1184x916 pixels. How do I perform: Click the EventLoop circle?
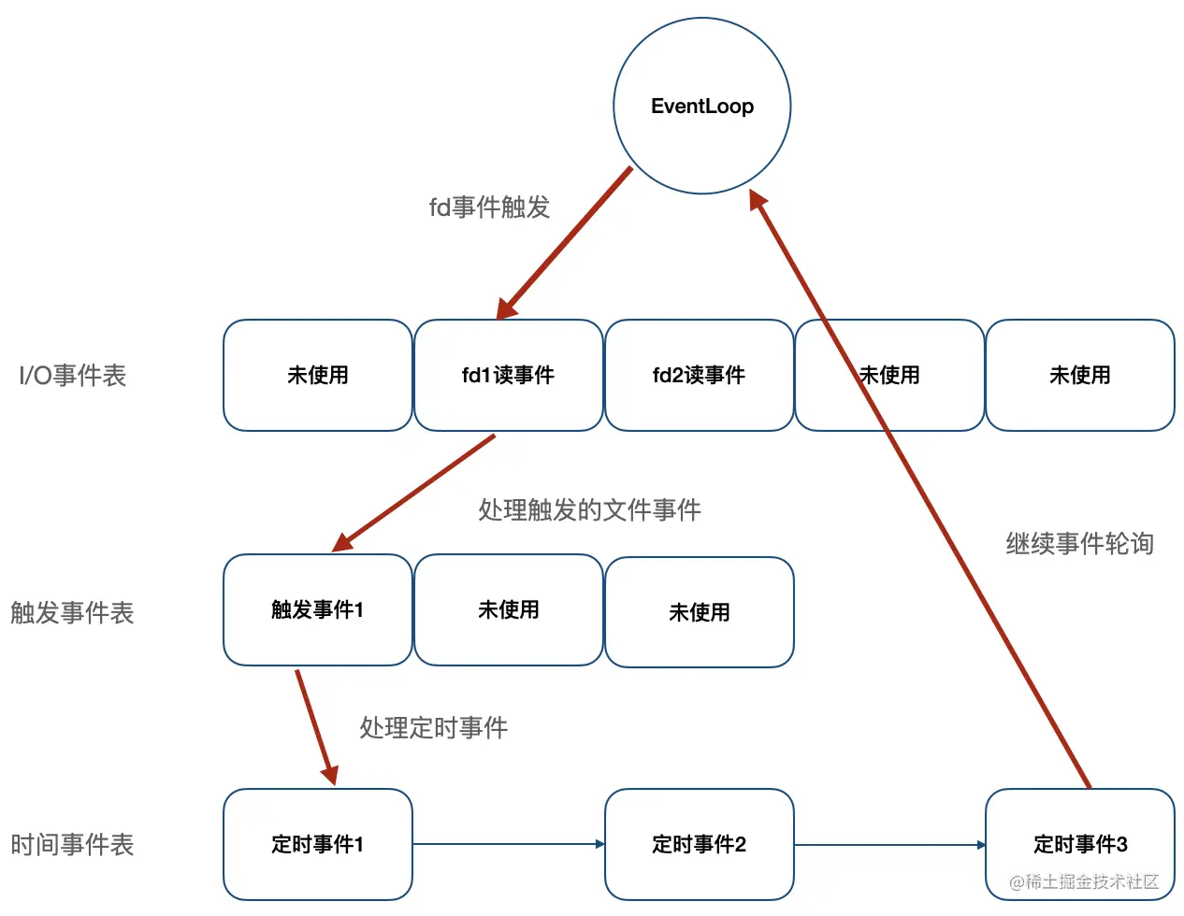(701, 106)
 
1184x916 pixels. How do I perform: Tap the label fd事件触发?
(489, 208)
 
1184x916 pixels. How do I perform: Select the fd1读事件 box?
(508, 375)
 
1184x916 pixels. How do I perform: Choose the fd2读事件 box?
(699, 375)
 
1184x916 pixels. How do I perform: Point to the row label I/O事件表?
(72, 376)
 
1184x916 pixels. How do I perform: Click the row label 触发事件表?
(72, 613)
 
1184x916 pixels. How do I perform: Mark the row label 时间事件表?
(72, 845)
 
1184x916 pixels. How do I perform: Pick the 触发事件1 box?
(317, 609)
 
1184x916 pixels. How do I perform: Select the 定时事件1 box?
(317, 844)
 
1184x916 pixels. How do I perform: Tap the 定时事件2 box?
(699, 844)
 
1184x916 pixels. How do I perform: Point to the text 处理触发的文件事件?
(589, 510)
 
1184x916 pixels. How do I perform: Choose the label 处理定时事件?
(433, 728)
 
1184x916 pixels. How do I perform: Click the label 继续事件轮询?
(1079, 544)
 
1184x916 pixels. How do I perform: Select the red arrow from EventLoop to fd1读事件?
(565, 243)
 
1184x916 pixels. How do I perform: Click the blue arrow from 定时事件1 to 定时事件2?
(508, 844)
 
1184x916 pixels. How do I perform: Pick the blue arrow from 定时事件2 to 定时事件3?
(888, 845)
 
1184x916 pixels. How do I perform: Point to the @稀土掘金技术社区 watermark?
(1084, 881)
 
